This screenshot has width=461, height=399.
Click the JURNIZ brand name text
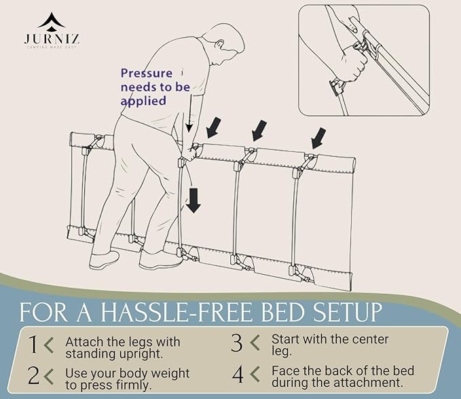click(x=52, y=39)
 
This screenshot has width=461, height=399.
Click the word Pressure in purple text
click(x=147, y=73)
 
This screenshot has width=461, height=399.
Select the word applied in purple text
click(x=143, y=101)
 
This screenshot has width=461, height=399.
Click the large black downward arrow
click(x=193, y=200)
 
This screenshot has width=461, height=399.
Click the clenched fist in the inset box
click(x=354, y=62)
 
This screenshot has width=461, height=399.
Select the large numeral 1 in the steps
click(x=33, y=344)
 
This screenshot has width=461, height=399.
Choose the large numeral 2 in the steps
click(x=33, y=375)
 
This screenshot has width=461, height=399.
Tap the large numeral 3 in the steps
click(x=237, y=343)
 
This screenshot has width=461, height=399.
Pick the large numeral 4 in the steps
click(x=238, y=375)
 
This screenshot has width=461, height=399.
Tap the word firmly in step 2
click(x=134, y=385)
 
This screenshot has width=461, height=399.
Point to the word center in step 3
click(x=371, y=340)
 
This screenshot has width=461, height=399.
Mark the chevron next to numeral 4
click(x=255, y=375)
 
